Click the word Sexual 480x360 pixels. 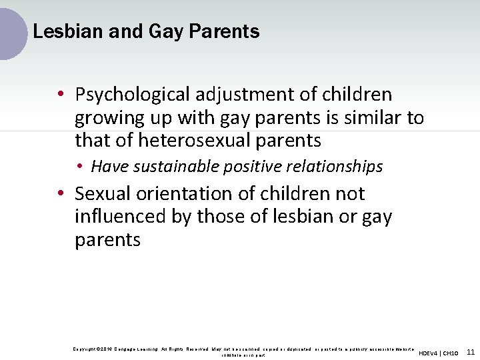pyautogui.click(x=103, y=194)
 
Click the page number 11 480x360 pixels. pyautogui.click(x=471, y=352)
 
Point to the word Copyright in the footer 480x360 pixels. pyautogui.click(x=85, y=349)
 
